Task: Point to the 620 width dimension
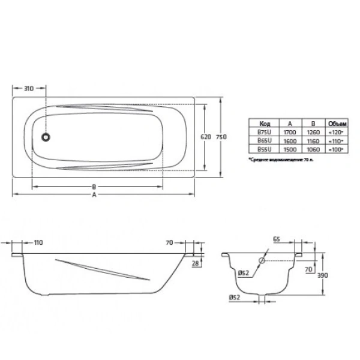205,137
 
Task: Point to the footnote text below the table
281,160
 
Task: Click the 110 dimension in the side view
37,242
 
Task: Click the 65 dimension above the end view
277,239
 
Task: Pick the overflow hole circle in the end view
262,262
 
